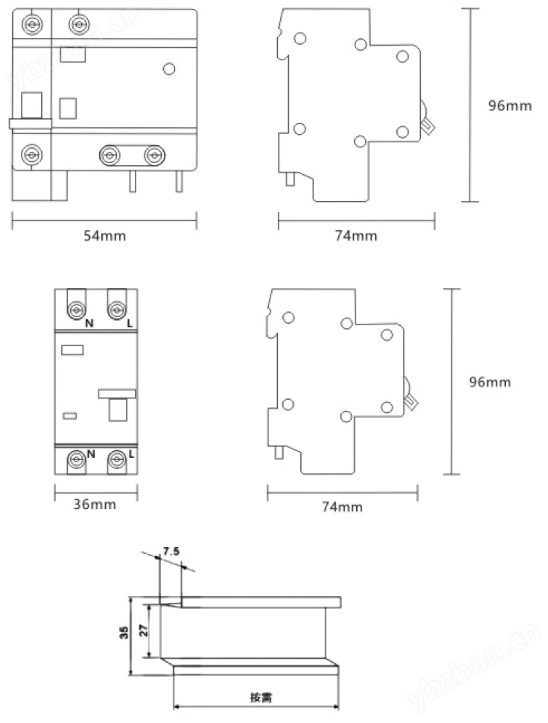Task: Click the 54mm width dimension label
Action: [x=105, y=236]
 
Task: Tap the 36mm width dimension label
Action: [x=95, y=504]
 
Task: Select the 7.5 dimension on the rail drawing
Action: [x=172, y=551]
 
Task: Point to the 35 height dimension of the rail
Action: [x=124, y=633]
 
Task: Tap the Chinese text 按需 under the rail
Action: [x=261, y=697]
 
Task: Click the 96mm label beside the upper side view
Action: [x=510, y=106]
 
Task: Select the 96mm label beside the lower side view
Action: [x=490, y=382]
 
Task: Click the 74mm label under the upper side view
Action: [x=356, y=236]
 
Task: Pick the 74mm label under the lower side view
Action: [x=342, y=507]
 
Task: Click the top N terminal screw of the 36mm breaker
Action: [x=77, y=310]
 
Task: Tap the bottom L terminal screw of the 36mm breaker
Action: [x=117, y=459]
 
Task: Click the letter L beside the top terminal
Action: [x=130, y=324]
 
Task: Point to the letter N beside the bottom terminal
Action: [x=91, y=454]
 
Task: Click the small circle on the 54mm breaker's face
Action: [x=169, y=69]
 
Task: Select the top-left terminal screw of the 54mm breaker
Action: [x=32, y=25]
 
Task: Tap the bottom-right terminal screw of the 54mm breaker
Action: [x=155, y=155]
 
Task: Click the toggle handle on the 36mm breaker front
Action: [x=117, y=405]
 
